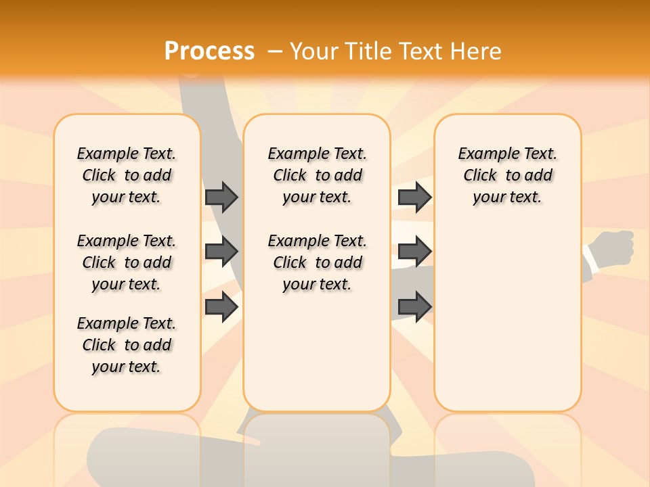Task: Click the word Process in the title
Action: coord(209,51)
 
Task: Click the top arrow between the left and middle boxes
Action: coord(221,197)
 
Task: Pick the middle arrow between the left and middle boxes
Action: coord(221,252)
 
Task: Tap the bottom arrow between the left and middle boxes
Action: coord(221,306)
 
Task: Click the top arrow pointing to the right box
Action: coord(414,197)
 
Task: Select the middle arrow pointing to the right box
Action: coord(414,252)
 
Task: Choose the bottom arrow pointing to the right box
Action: coord(414,306)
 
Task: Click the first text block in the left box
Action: coord(127,175)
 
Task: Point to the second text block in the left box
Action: coord(127,262)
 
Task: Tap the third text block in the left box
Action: coord(127,345)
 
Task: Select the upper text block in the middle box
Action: coord(317,175)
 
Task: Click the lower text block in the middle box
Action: coord(317,262)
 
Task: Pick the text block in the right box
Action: coord(507,175)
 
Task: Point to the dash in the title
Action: coord(275,51)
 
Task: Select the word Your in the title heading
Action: coord(314,51)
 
